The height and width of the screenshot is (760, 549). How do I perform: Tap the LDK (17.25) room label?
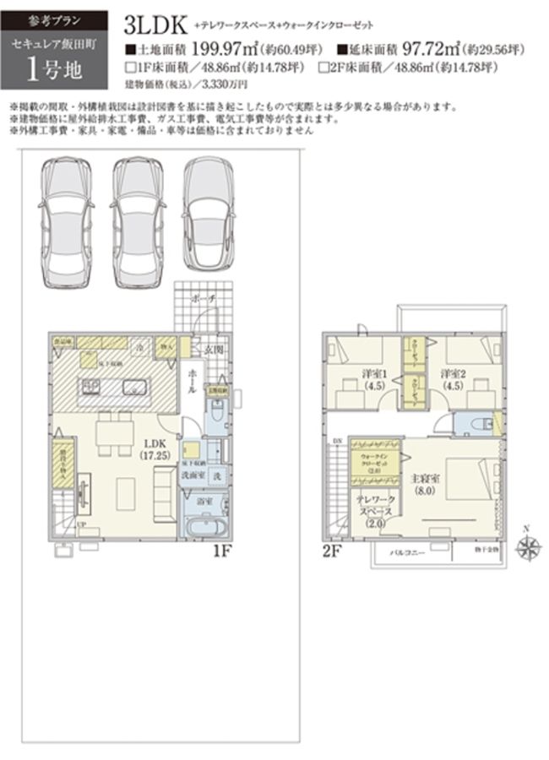pos(154,448)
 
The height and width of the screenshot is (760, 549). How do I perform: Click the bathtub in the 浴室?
pos(207,525)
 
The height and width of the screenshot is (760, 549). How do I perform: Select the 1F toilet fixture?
pos(217,414)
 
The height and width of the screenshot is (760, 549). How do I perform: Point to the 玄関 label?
pos(214,349)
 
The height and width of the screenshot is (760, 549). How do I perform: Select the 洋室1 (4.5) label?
pos(347,378)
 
